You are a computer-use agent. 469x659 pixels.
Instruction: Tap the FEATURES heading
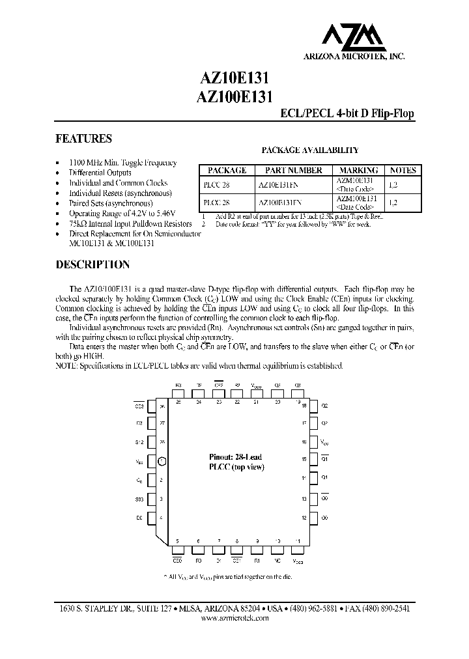[83, 139]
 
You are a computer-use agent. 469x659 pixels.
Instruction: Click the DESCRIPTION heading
[92, 265]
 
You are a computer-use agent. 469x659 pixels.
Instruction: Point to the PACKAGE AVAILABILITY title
[310, 150]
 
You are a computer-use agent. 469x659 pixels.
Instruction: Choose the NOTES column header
[403, 171]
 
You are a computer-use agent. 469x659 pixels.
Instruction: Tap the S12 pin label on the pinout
[139, 442]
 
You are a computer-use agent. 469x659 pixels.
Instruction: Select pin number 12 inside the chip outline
[304, 518]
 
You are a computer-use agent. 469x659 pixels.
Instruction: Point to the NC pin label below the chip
[278, 559]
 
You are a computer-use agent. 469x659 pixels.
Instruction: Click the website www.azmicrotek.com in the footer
[234, 618]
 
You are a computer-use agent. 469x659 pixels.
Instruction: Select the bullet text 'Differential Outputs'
[100, 173]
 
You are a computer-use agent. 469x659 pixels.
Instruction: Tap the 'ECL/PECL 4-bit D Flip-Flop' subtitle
[347, 114]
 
